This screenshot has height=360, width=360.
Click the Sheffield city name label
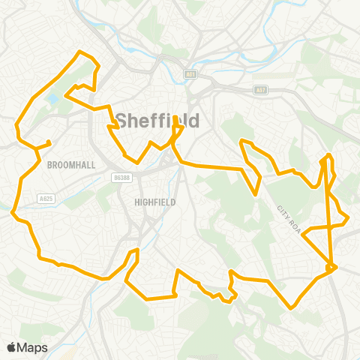click(157, 120)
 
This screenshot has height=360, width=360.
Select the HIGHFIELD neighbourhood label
click(154, 202)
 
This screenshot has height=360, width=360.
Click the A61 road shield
click(190, 74)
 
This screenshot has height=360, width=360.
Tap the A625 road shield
click(45, 198)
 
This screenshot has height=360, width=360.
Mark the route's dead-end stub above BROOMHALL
click(49, 142)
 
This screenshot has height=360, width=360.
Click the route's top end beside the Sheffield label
click(175, 118)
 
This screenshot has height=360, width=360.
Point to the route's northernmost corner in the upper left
click(80, 51)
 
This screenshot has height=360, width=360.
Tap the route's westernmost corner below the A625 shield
click(13, 213)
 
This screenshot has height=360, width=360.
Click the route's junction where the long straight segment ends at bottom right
click(331, 266)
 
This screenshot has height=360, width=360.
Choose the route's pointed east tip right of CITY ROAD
click(348, 219)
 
